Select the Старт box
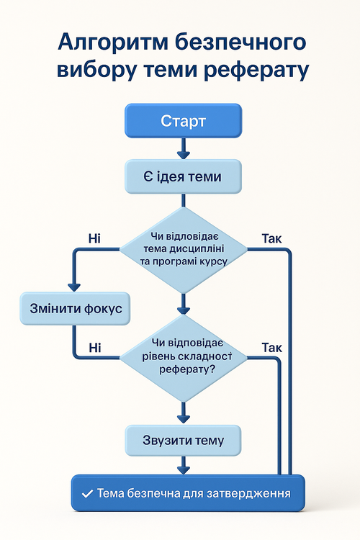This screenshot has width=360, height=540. click(183, 121)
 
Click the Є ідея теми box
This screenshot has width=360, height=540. click(183, 175)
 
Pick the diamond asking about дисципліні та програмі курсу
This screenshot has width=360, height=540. click(183, 250)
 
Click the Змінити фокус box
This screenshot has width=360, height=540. click(76, 309)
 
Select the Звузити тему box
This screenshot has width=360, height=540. click(183, 441)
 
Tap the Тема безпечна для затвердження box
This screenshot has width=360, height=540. click(187, 494)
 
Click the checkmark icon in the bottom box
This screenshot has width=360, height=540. click(87, 494)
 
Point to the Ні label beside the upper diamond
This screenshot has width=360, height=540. click(94, 238)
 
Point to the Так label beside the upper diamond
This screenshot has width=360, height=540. click(271, 238)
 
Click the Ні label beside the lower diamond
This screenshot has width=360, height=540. click(94, 348)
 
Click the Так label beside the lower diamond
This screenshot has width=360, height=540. click(271, 348)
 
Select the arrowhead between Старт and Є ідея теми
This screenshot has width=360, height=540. click(183, 153)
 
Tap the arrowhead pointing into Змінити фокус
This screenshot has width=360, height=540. click(75, 287)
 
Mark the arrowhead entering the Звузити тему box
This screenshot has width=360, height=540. click(183, 418)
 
